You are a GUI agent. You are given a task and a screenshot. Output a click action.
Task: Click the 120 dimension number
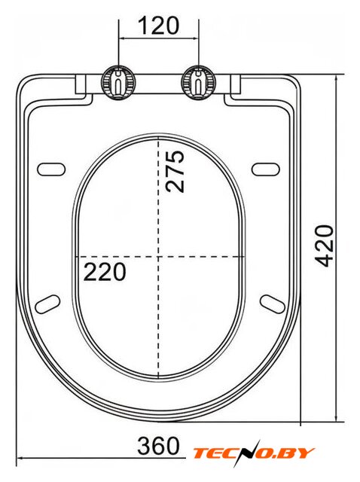click(x=159, y=26)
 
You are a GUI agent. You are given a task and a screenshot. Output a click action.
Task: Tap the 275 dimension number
click(x=175, y=172)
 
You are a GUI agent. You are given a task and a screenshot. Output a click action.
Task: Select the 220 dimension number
click(x=105, y=272)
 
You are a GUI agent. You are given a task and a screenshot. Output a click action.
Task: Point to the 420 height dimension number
click(x=325, y=246)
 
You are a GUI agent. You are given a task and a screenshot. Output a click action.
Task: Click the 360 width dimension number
click(x=158, y=446)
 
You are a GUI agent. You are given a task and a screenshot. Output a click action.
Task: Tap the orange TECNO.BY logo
click(x=254, y=453)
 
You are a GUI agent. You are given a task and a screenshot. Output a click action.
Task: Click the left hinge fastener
click(x=118, y=82)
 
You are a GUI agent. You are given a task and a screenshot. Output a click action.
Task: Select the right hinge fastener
click(x=198, y=82)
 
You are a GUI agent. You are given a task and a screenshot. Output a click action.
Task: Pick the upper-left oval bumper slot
click(x=51, y=169)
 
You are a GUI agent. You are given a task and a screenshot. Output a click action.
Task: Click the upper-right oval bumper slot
click(x=266, y=169)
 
